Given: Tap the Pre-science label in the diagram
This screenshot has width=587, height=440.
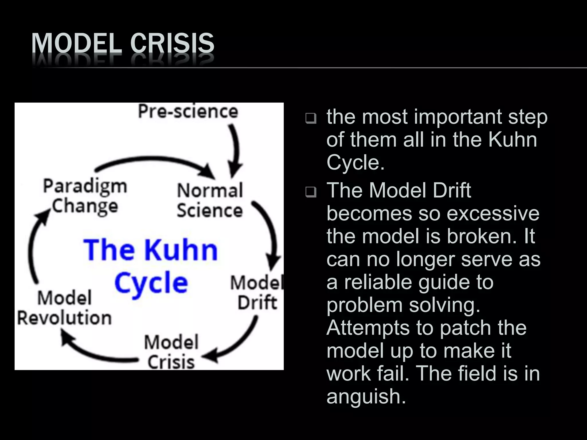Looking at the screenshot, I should (188, 111).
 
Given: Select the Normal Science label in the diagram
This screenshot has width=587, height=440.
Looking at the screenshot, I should (210, 200).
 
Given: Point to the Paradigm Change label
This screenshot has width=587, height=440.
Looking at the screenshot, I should (85, 196).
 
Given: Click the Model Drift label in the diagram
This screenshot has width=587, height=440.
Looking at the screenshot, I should (257, 292).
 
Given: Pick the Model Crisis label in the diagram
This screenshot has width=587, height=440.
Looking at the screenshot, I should (171, 352).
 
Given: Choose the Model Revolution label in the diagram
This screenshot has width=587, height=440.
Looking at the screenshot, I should (64, 308).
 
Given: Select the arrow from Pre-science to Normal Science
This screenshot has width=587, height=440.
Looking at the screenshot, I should (236, 149).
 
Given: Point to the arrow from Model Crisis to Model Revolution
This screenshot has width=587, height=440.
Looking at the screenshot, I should (97, 351).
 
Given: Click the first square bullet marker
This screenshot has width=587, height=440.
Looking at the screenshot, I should (311, 118).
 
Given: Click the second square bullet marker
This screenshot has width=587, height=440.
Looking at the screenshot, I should (311, 192).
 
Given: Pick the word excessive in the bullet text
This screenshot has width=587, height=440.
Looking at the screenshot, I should (493, 213).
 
